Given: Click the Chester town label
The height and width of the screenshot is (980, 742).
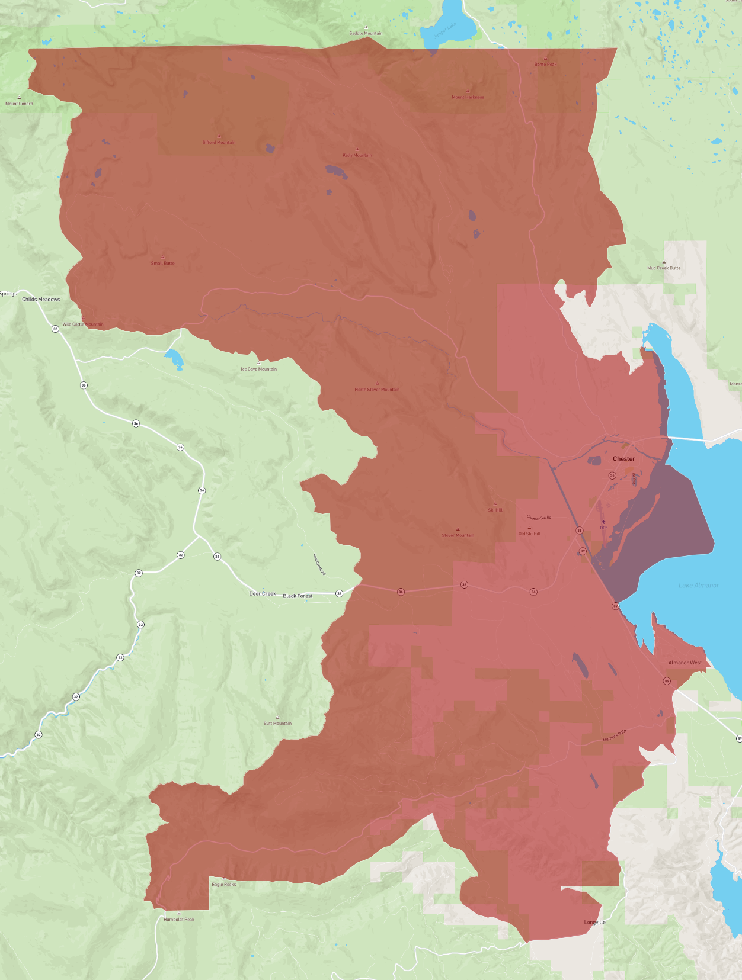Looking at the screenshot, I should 623,459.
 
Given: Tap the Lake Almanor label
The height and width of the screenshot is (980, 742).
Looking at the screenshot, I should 698,585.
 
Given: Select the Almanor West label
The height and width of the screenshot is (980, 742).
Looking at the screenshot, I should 685,663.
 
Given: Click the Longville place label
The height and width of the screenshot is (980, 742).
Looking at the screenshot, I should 594,922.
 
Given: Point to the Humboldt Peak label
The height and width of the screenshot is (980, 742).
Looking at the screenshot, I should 179,919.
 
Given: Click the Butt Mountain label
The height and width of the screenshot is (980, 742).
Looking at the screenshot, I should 277,723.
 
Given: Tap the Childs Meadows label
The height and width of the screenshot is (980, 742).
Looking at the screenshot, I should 41,300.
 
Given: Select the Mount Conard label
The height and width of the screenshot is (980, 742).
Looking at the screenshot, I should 19,104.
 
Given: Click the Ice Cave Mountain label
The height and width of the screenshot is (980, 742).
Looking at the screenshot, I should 258,369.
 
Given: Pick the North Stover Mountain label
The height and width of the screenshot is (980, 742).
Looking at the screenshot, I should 377,390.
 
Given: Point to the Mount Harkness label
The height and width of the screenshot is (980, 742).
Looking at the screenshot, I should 468,97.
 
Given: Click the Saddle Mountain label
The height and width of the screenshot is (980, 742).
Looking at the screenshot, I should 366,33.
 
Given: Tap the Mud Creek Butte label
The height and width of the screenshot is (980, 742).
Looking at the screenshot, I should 664,268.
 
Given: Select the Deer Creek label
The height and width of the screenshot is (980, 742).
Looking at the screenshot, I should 263,593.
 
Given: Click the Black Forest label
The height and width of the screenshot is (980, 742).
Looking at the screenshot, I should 298,596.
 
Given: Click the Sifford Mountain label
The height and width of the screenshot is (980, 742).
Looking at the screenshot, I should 219,142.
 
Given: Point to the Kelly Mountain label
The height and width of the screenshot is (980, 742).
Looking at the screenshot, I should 357,155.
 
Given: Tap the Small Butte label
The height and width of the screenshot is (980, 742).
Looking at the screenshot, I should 162,263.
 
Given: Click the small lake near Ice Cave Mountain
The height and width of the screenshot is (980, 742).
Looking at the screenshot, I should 174,358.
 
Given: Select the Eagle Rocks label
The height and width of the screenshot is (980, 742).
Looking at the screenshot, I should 224,884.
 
